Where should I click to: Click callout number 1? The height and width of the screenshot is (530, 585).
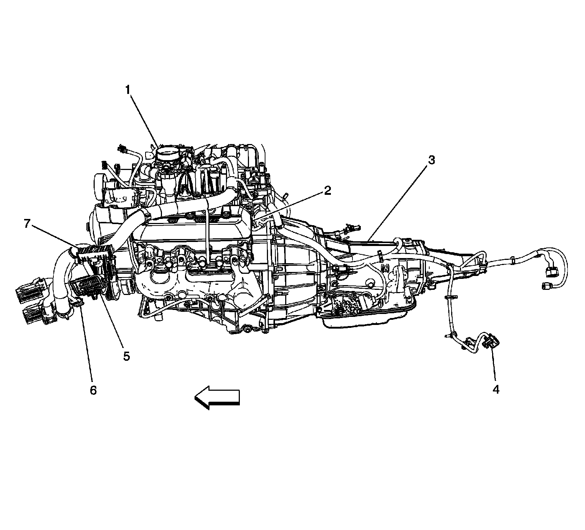coord(128,90)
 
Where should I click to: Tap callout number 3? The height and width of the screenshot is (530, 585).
coord(431,160)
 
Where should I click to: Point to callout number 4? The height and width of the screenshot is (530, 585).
coord(495,390)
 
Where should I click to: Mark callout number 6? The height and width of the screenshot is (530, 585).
coord(93,390)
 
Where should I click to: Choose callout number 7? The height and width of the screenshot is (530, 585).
coord(27,224)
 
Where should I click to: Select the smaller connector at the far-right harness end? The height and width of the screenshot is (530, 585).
coord(545,285)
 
